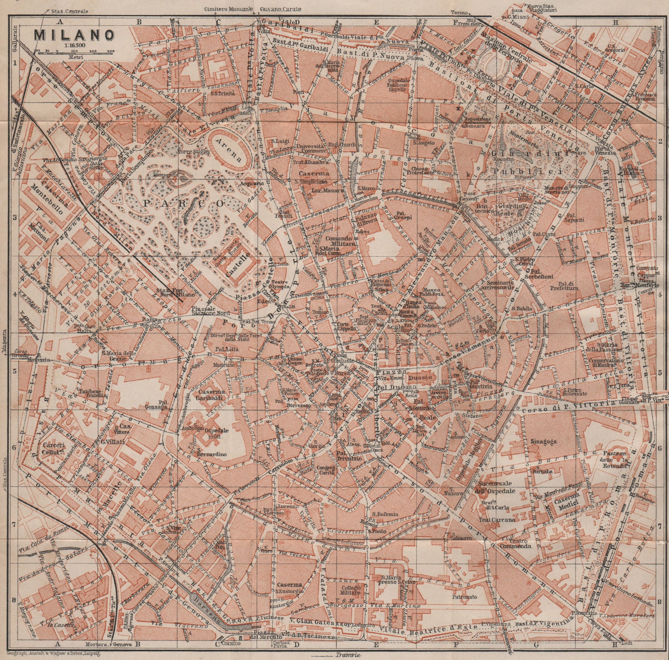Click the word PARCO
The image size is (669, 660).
pyautogui.click(x=184, y=203)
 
